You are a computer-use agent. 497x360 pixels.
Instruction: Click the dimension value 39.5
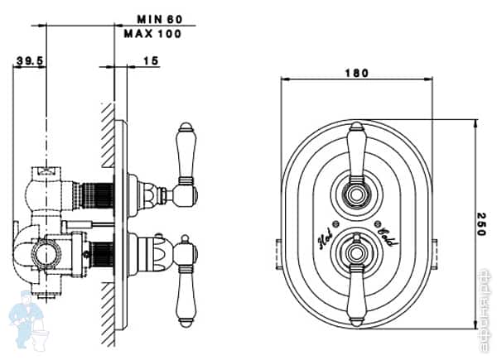[x=30, y=61]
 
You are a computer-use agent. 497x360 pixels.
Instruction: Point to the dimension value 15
[x=150, y=61]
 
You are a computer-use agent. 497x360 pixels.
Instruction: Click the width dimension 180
[x=356, y=73]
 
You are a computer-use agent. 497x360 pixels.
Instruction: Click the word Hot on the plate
[x=325, y=238]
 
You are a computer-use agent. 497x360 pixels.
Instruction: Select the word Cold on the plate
[x=387, y=238]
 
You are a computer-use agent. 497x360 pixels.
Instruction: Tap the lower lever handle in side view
[x=185, y=281]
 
